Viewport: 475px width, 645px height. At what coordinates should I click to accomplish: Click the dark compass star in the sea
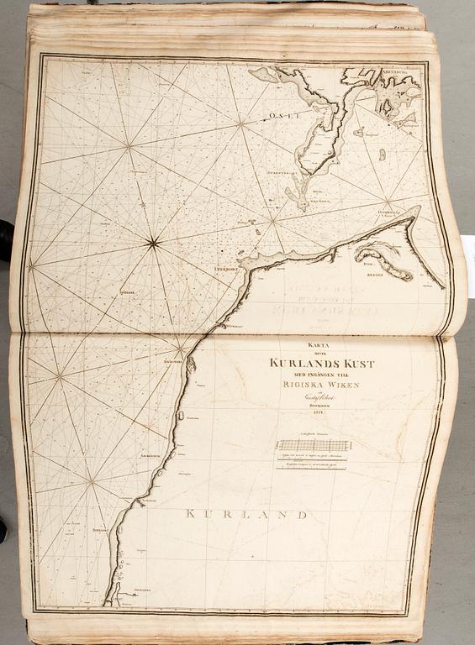tap(153, 244)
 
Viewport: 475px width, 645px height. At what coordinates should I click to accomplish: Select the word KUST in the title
tap(360, 364)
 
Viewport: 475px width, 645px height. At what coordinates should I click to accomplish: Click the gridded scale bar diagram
tap(313, 445)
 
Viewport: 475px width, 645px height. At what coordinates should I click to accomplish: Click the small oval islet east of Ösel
tap(383, 155)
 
